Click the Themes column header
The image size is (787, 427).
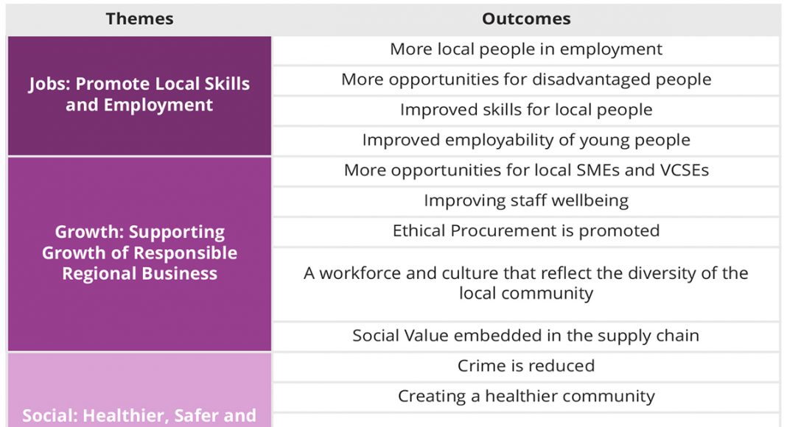tap(139, 18)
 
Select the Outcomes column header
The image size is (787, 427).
tap(526, 18)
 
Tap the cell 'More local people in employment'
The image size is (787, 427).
tap(526, 49)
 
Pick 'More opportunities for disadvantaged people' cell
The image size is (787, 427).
tap(526, 80)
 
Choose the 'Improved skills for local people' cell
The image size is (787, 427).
tap(526, 110)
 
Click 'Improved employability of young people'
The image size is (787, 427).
tap(526, 140)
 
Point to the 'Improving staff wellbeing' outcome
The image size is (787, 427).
tap(526, 200)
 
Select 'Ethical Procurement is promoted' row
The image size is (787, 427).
tap(526, 230)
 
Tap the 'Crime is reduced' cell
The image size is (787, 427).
tap(526, 366)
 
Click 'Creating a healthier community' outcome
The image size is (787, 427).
tap(526, 396)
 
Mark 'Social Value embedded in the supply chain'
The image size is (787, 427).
tap(526, 335)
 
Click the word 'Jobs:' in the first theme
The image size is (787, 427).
tap(49, 84)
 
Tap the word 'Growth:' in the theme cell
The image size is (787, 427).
tap(89, 232)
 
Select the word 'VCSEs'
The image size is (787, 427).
tap(685, 170)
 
